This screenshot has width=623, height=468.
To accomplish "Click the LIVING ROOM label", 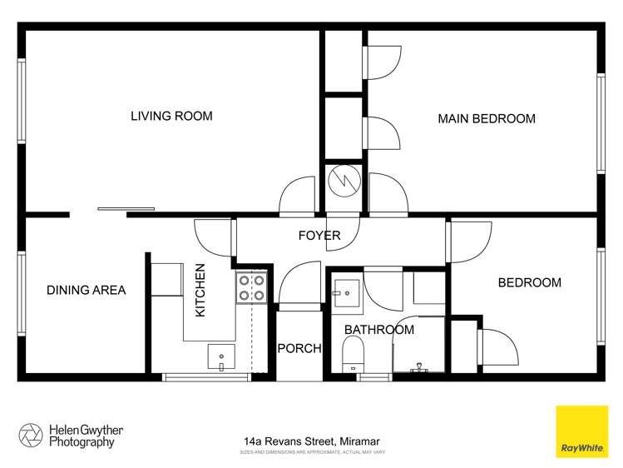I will [171, 116].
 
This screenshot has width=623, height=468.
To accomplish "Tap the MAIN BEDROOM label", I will [487, 119].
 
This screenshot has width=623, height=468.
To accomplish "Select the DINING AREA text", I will [86, 290].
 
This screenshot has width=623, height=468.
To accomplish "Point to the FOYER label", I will [319, 236].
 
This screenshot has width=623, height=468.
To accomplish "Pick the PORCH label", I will [299, 348].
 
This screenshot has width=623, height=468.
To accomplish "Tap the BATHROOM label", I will [378, 330].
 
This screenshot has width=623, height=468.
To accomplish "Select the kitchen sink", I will [221, 357].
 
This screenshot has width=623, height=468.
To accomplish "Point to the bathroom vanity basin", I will [344, 289].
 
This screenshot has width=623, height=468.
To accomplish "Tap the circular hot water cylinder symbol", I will [342, 180].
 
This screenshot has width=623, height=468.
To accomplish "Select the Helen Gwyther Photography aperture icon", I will [30, 436].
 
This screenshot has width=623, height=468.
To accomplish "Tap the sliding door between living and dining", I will [126, 209].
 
